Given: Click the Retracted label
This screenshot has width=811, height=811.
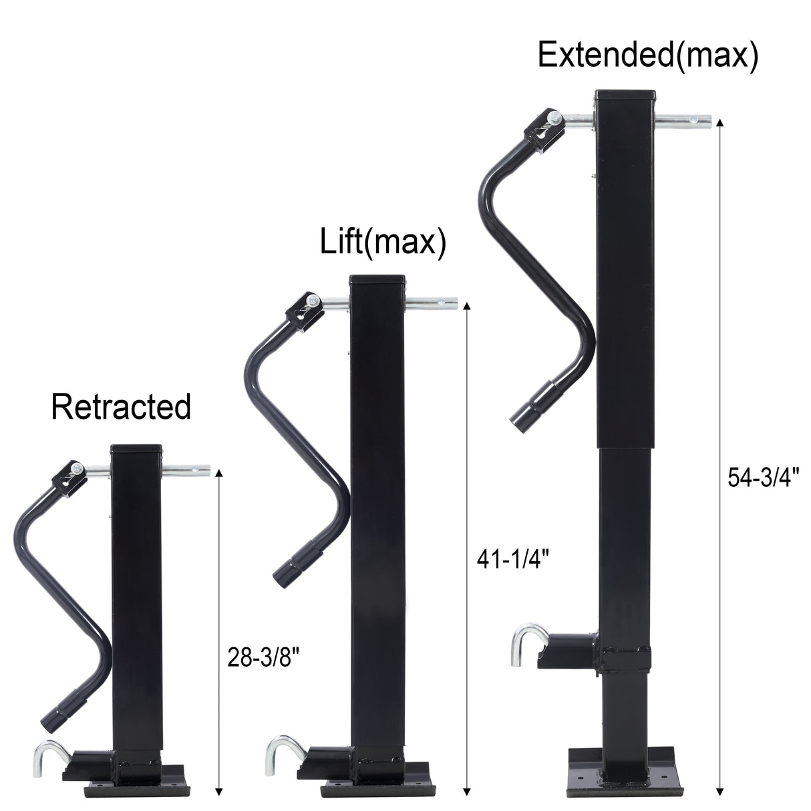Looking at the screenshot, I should coord(121,407).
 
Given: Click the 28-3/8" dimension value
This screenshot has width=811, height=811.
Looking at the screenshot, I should coord(263,658).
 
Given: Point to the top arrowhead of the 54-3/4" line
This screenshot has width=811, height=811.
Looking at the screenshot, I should coord(719,124).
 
